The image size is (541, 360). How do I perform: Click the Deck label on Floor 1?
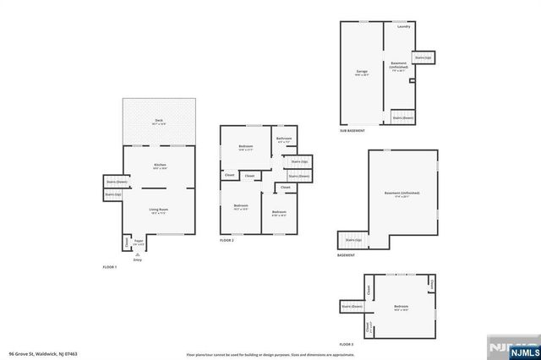tap(159, 121)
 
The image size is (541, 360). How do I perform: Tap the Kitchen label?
tap(159, 165)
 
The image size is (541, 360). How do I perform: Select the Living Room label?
tap(159, 209)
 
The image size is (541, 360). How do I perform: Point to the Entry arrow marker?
tap(138, 254)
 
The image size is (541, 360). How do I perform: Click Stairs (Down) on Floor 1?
tap(116, 182)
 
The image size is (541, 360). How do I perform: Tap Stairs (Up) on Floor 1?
tap(113, 195)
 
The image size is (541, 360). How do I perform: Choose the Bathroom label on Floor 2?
tap(284, 139)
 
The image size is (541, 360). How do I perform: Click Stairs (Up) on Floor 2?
tap(299, 161)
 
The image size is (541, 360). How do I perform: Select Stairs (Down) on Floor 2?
tap(299, 176)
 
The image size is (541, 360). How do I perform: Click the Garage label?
tap(361, 71)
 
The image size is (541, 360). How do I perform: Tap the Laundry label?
tap(403, 26)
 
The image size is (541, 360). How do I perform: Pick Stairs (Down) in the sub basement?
tap(402, 118)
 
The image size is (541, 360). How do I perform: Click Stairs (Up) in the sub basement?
tap(423, 57)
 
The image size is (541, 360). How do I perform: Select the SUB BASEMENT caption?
tap(352, 131)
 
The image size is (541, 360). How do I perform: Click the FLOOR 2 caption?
tap(227, 241)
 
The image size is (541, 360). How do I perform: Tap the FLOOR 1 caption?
tap(110, 267)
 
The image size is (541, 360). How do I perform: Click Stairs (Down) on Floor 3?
tap(352, 306)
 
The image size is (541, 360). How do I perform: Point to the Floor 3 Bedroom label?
tap(401, 306)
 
